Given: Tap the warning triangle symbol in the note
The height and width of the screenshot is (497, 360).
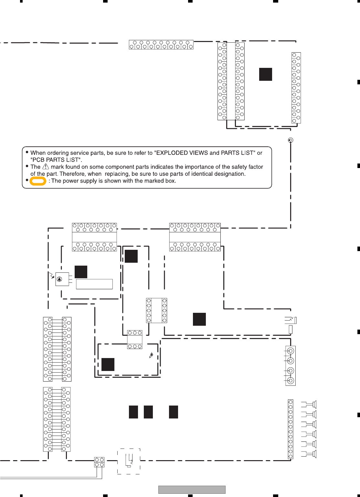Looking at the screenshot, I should (x=46, y=167).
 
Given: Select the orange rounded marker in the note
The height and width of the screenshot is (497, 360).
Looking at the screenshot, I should (x=38, y=181).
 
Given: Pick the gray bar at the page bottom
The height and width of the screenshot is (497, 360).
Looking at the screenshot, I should (x=192, y=490).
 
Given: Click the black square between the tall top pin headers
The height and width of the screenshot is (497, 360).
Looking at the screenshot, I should (x=266, y=74).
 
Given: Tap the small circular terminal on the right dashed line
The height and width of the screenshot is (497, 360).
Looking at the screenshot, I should (x=291, y=140).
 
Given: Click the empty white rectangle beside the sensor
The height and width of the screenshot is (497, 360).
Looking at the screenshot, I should (x=94, y=284).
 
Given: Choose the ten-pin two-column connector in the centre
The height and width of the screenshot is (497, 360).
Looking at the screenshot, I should (x=157, y=311).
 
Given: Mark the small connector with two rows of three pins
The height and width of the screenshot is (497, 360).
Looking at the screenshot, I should (x=135, y=339).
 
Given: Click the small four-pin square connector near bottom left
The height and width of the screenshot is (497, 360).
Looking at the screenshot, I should (x=99, y=462).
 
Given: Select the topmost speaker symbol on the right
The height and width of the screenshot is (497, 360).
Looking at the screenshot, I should (x=309, y=404).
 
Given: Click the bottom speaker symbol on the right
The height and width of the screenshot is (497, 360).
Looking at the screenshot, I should (x=309, y=454).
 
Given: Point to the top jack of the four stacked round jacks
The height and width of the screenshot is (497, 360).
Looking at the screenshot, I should (x=291, y=351).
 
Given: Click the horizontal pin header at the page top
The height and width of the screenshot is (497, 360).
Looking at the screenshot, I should (x=161, y=45).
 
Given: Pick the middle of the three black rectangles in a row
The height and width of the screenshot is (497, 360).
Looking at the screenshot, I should (x=148, y=412).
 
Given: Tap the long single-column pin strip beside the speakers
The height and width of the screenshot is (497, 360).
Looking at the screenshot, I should (x=291, y=429).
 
